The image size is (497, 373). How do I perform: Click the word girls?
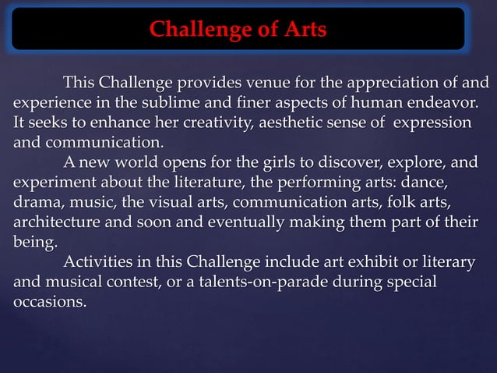[x=266, y=164]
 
